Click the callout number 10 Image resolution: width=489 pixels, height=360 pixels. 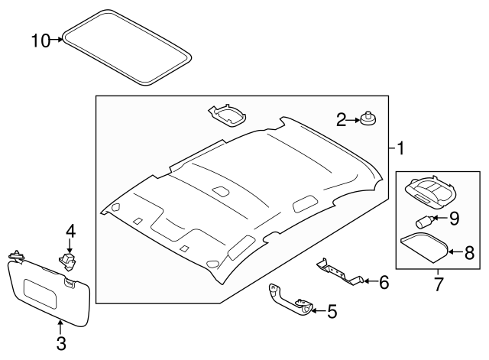click(40, 39)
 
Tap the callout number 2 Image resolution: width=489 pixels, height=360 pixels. click(342, 118)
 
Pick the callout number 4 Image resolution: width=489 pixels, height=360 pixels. click(70, 230)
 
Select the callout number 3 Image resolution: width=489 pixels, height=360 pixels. click(61, 344)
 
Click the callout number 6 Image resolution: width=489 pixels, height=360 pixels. click(384, 283)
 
